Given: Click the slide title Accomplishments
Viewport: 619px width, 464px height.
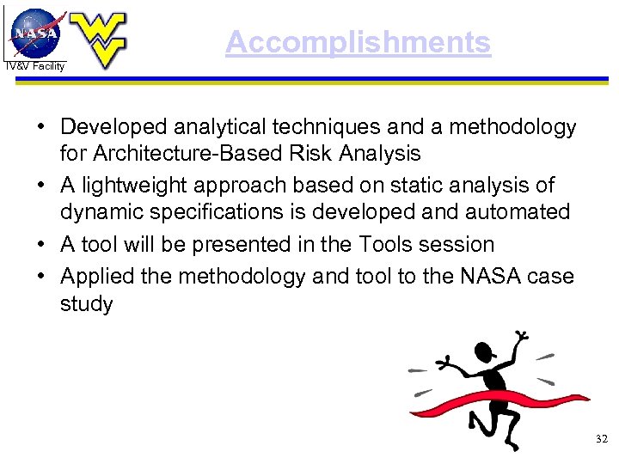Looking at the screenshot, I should click(x=358, y=42).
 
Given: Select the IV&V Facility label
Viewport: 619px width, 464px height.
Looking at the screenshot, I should click(x=34, y=66).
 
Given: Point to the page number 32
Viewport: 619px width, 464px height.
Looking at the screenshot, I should click(x=601, y=439).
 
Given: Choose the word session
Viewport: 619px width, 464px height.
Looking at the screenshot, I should click(x=460, y=244).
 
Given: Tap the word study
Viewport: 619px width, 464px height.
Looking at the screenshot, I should click(x=86, y=304).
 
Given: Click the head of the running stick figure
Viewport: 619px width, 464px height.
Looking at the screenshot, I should click(x=485, y=351).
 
